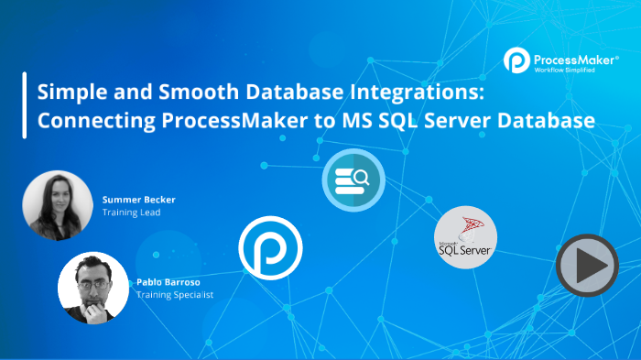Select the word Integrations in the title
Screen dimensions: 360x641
tap(418, 93)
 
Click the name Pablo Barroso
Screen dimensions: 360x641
tap(166, 283)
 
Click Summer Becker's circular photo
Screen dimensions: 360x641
tap(58, 204)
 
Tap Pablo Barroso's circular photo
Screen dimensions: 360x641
tap(92, 288)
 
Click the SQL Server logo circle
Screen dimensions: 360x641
tap(465, 237)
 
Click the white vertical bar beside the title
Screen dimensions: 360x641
tap(24, 106)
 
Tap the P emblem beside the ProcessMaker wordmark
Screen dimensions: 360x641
tap(516, 61)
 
